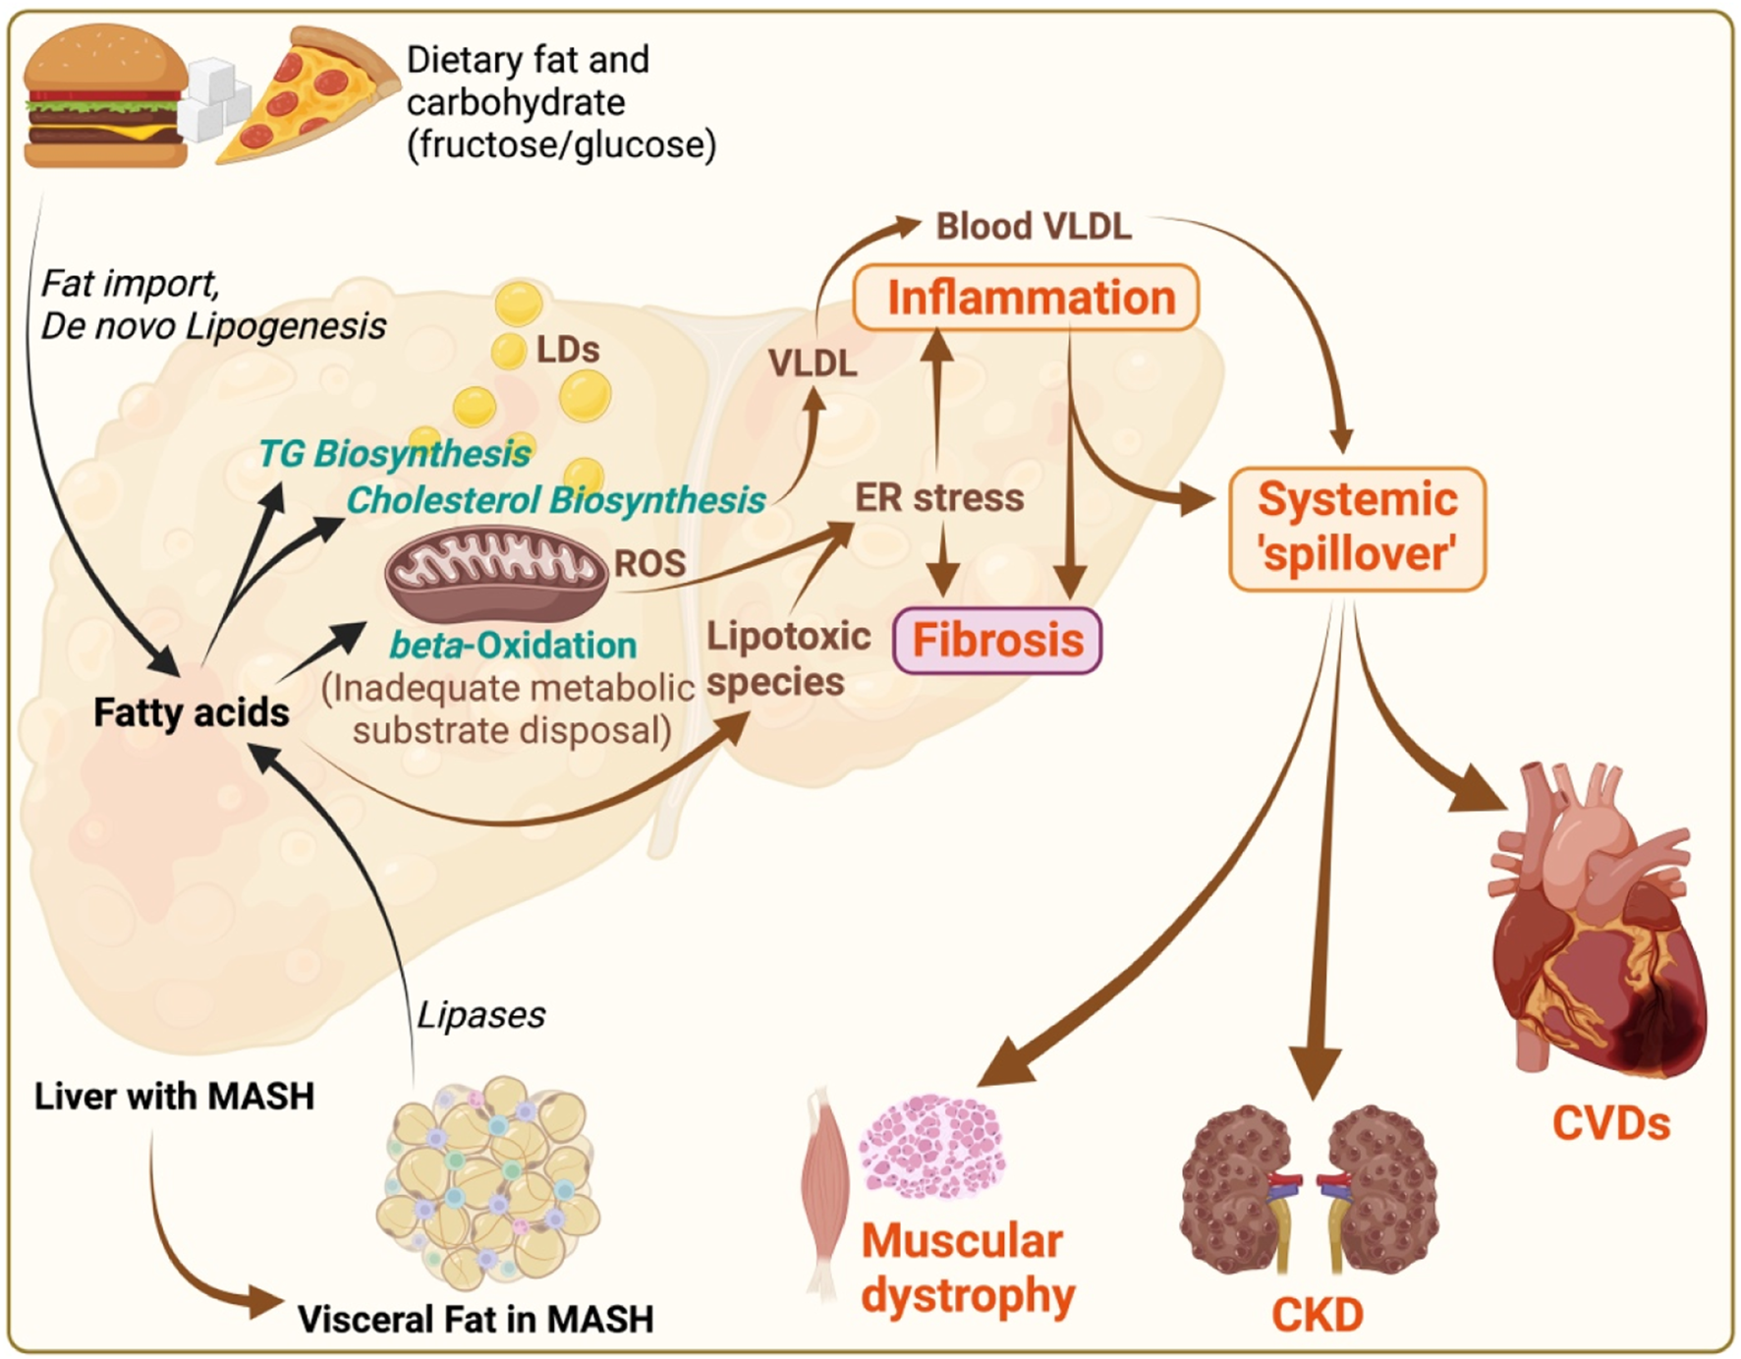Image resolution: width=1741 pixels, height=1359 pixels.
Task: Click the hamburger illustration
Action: (x=105, y=96)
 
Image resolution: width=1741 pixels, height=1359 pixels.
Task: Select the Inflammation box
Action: (x=1027, y=298)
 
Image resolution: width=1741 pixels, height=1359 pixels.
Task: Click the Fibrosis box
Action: (x=997, y=641)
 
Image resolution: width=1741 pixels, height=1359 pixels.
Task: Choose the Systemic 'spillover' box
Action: (x=1357, y=528)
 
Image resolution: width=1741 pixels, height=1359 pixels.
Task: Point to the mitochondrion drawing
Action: (x=495, y=572)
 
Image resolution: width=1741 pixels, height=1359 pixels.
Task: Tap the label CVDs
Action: (x=1610, y=1124)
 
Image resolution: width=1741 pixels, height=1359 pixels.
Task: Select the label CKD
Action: (x=1317, y=1315)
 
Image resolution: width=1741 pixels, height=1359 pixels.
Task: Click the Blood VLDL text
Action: (x=1033, y=227)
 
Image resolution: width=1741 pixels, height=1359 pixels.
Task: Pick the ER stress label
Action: (x=938, y=498)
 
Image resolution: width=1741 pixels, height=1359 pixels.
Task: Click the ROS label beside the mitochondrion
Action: (x=649, y=563)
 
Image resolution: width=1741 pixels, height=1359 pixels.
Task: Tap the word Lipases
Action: (x=480, y=1015)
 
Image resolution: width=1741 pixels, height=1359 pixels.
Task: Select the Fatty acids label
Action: (x=191, y=712)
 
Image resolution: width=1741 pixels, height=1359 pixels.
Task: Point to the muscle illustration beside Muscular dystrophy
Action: (x=823, y=1189)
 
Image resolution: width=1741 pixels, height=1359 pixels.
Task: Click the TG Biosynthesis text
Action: (x=393, y=454)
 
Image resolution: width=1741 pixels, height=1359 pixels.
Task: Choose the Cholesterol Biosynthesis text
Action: (x=555, y=500)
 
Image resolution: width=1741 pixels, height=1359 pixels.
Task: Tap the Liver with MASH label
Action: (x=174, y=1096)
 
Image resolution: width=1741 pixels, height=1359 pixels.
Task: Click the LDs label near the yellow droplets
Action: (x=567, y=350)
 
